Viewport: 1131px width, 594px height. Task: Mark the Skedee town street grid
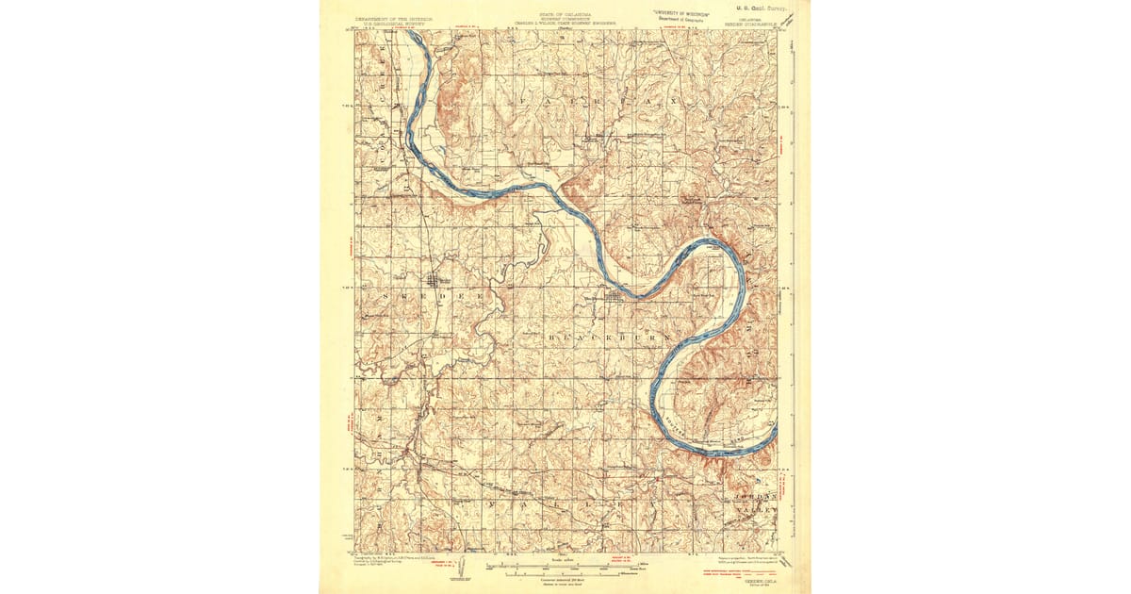tap(434, 280)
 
